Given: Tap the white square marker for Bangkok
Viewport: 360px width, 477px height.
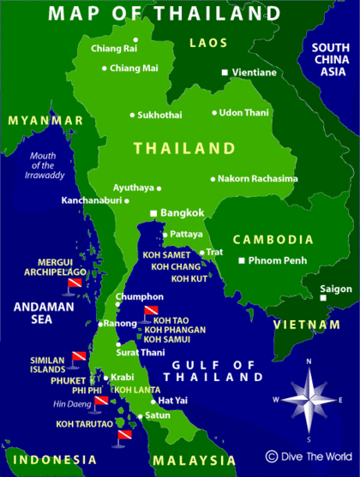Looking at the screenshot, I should tap(153, 212).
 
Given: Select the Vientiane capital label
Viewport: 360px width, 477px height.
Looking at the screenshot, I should tap(254, 73).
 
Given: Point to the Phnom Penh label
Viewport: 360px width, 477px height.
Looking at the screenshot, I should tap(279, 259).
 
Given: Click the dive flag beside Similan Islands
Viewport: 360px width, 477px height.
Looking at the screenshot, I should tap(79, 355).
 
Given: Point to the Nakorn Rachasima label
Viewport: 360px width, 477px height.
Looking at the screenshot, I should tap(258, 179).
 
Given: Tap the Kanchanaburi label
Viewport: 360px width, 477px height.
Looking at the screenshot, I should tap(90, 200).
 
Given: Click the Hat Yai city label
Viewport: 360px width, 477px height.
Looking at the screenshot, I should tap(173, 400).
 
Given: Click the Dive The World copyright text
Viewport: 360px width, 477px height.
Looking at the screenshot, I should tap(309, 456).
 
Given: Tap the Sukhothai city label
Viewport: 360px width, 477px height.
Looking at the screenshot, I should tap(162, 114).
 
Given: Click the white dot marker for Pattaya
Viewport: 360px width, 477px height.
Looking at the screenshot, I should tap(165, 234).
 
